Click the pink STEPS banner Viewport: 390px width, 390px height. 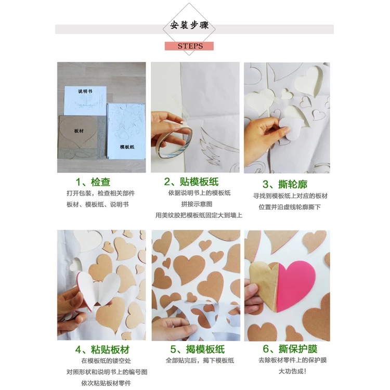point(189,46)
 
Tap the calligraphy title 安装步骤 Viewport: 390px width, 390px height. point(189,25)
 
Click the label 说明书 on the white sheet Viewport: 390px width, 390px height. point(85,92)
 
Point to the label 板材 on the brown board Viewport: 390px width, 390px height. point(79,131)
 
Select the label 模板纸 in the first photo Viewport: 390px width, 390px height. point(127,147)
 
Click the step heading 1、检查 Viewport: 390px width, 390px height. point(93,182)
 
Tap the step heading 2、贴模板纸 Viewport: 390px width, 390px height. point(191,181)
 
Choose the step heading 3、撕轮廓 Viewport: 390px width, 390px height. point(285,184)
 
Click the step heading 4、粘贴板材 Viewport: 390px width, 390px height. point(102,350)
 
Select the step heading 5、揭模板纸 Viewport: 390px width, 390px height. point(198,349)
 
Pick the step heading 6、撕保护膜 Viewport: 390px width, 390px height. point(290,349)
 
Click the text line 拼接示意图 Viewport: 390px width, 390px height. point(197,204)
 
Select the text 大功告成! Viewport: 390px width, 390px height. point(292,371)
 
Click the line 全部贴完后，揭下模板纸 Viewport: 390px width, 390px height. point(200,360)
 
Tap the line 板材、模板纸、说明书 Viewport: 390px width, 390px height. point(98,204)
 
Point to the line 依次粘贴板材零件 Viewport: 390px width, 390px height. point(106,383)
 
